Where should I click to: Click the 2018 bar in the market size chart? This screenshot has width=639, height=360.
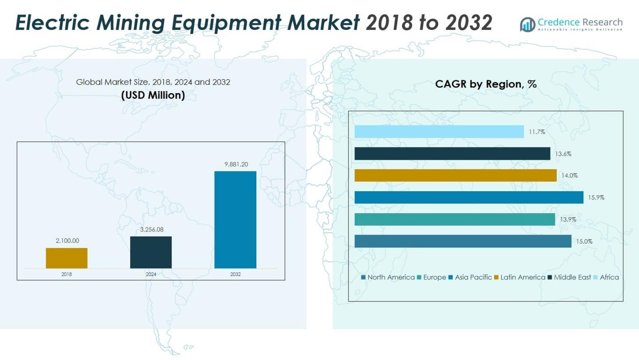point(67,258)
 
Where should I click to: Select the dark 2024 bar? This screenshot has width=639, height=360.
point(151,252)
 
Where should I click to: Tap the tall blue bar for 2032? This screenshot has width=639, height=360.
point(235,219)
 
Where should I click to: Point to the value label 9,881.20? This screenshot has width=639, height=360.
point(235,164)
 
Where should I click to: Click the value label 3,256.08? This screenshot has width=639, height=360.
point(151,230)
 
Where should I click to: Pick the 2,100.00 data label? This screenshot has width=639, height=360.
point(67,241)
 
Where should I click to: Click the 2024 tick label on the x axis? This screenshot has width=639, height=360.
point(151,274)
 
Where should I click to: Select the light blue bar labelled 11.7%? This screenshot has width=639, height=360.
point(439,132)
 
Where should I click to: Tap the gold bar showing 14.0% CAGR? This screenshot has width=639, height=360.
point(456,176)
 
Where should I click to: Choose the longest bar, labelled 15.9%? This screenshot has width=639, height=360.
point(469,197)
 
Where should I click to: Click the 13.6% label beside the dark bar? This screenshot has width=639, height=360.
point(563,154)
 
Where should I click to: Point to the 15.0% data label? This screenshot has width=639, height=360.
point(584,241)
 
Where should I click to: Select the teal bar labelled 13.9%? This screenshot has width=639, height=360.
point(455,219)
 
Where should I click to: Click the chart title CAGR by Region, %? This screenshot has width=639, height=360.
point(486,84)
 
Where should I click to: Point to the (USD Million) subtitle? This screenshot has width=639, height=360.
point(153,95)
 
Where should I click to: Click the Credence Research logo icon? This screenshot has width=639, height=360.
point(528,24)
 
